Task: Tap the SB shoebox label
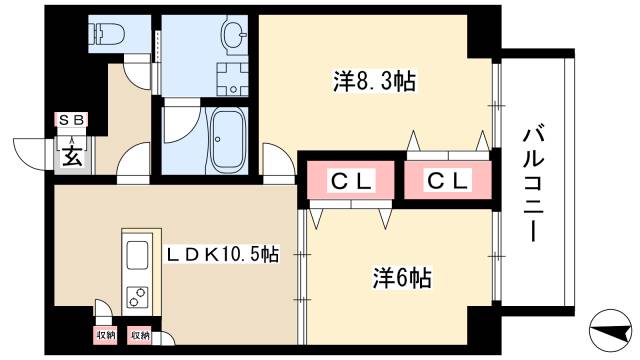[x=73, y=121]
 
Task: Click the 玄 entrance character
[x=73, y=155]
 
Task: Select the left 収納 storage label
[x=106, y=336]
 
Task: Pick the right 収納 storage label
[x=139, y=336]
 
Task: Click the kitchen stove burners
[x=136, y=298]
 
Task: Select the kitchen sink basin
[x=136, y=256]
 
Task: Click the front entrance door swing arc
[x=40, y=151]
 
